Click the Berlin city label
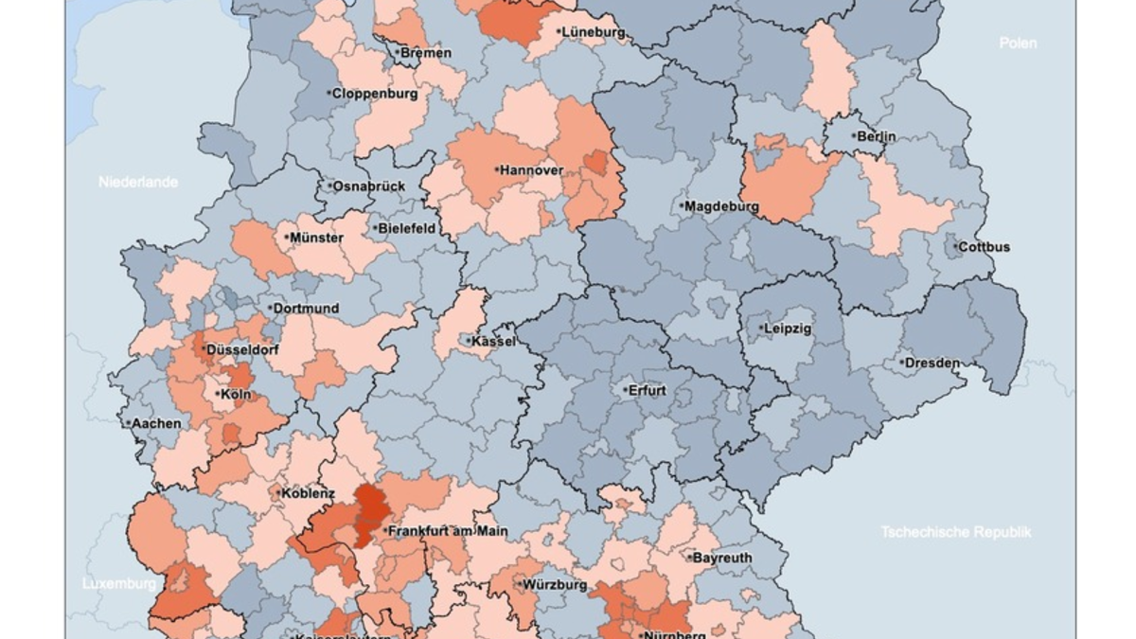[877, 136]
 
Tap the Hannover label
[531, 170]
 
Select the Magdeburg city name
[721, 206]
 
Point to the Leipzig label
[788, 328]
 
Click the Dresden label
[932, 363]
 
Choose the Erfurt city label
[646, 390]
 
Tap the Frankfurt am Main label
[448, 532]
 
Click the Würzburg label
[556, 585]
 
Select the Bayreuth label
[722, 558]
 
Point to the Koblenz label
[308, 493]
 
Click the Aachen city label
[156, 423]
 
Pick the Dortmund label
[306, 309]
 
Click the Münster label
[317, 238]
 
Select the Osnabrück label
[368, 186]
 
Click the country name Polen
[1018, 43]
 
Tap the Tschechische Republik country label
[955, 532]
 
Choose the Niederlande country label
[138, 182]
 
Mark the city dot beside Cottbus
[954, 247]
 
